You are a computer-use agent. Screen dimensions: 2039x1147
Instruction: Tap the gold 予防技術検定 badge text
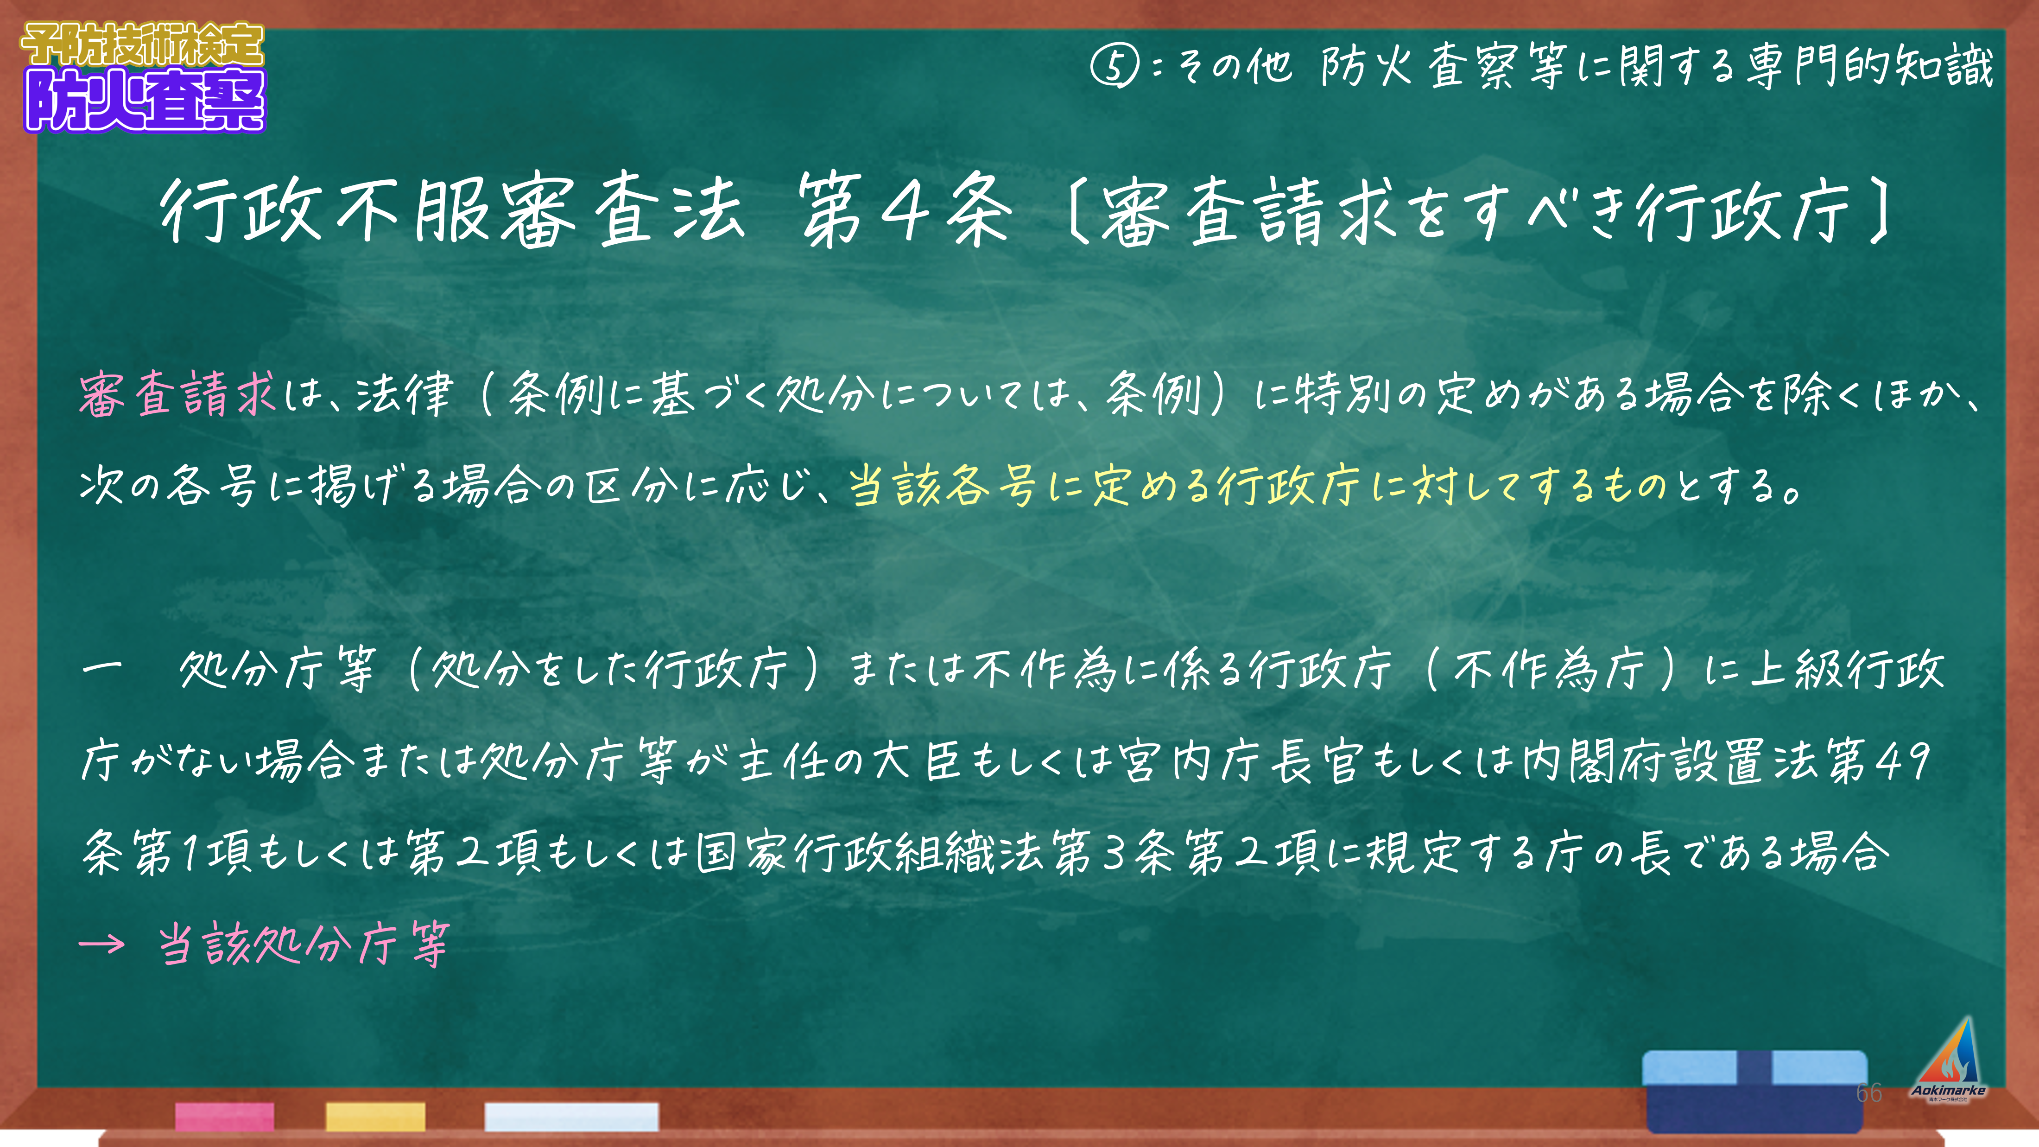point(142,44)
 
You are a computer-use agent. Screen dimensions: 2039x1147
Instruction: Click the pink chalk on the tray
point(225,1116)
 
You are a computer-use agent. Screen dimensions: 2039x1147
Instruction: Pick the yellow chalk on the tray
point(375,1116)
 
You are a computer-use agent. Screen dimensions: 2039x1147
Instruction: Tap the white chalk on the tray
point(571,1116)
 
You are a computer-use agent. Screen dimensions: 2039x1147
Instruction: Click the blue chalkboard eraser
point(1755,1091)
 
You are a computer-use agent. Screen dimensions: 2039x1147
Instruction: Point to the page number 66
point(1869,1092)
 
